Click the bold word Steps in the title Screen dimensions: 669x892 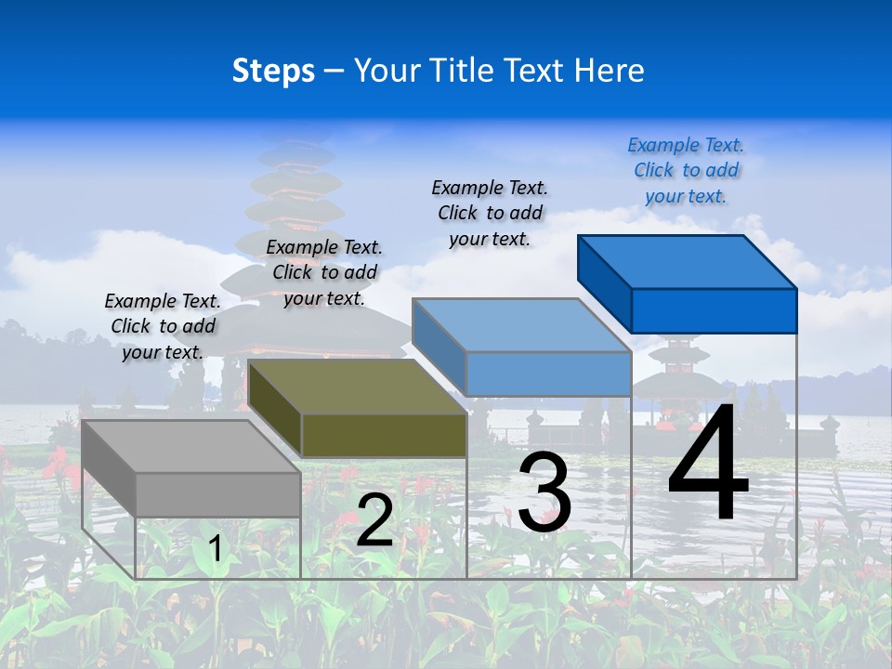point(273,71)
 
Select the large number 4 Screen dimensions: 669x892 point(708,464)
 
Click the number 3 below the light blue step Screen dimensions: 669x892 point(544,492)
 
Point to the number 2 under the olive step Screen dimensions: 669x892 point(374,520)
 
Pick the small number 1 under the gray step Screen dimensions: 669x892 point(216,548)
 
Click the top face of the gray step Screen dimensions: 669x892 point(190,446)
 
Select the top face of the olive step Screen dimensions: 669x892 point(358,387)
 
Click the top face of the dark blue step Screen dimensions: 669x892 point(688,262)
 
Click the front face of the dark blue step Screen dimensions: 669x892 point(714,310)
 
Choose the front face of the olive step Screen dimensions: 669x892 point(384,435)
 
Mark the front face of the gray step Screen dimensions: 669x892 point(218,494)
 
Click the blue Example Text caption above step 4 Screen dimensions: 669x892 point(686,170)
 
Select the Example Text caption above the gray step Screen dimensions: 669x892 point(163,326)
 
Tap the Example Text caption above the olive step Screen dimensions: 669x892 point(324,272)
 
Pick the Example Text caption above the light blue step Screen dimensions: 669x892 point(490,213)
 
